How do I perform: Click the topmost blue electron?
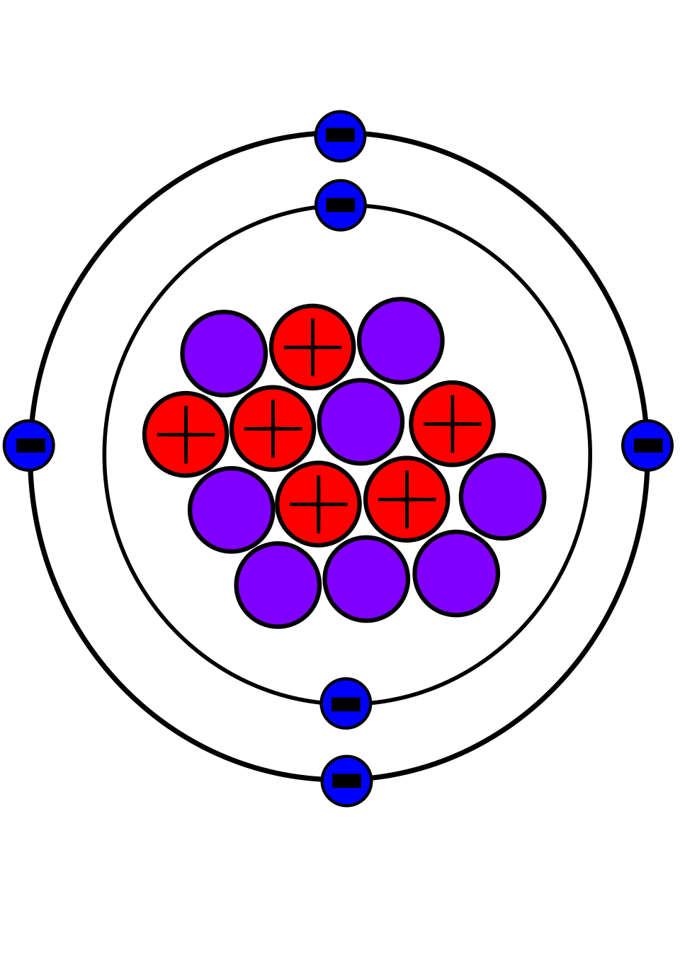340,136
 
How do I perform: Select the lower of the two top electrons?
341,205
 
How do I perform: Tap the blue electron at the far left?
29,446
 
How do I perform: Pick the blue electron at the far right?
647,446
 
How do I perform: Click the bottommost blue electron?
346,781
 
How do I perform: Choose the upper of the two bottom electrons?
346,703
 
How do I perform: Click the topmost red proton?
312,347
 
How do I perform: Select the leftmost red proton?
186,434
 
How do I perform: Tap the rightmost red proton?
452,424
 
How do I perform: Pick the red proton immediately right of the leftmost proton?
273,429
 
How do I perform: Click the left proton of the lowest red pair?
318,504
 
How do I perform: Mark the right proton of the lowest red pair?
407,499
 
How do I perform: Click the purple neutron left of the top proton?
224,353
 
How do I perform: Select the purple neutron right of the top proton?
401,341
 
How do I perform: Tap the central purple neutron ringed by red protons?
361,421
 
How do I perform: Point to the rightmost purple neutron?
502,497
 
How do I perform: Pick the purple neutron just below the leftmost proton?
232,510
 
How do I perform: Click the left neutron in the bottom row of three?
278,585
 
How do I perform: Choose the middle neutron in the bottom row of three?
366,579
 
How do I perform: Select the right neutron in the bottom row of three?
456,573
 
